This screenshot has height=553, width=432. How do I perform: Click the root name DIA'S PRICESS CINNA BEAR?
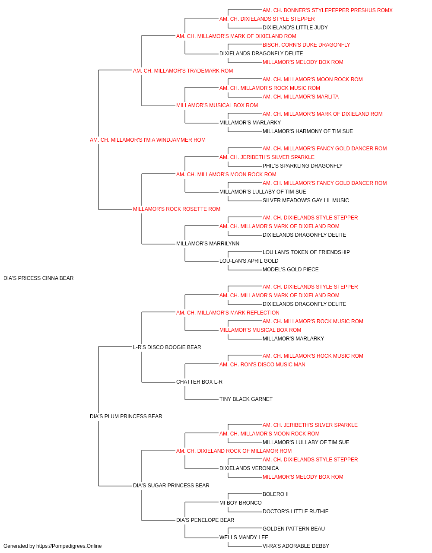tap(38, 278)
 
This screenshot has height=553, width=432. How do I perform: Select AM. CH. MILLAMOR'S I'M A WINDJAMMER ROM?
tap(148, 140)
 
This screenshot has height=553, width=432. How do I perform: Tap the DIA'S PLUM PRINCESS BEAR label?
tap(126, 416)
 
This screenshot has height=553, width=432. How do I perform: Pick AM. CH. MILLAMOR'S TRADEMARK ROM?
tap(183, 71)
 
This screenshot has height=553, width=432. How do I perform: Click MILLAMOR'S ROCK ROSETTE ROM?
tap(177, 209)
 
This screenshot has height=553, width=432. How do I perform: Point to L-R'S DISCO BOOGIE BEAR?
tap(167, 347)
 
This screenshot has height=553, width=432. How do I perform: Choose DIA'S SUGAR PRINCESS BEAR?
tap(171, 486)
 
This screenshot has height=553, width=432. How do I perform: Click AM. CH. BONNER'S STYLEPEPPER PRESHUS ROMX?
tap(327, 10)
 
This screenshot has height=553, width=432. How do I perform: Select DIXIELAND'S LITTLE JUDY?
tap(295, 28)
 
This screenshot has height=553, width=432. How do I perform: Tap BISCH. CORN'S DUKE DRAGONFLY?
tap(306, 45)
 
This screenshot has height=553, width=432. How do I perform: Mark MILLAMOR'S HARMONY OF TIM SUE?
tap(308, 131)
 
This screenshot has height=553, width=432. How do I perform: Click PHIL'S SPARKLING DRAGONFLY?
tap(302, 166)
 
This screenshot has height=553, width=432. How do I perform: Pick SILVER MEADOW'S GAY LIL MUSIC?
tap(305, 200)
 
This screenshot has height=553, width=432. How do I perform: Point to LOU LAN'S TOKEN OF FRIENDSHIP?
tap(306, 252)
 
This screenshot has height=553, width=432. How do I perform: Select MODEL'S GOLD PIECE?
tap(291, 270)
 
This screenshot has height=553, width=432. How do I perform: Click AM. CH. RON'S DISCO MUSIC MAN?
tap(262, 365)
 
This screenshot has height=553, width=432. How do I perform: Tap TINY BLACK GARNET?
tap(246, 399)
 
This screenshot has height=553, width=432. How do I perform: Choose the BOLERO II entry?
tap(276, 494)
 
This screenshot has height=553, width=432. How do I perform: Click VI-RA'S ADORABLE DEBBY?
tap(296, 546)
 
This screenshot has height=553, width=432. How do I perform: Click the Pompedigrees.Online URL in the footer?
tap(69, 546)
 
